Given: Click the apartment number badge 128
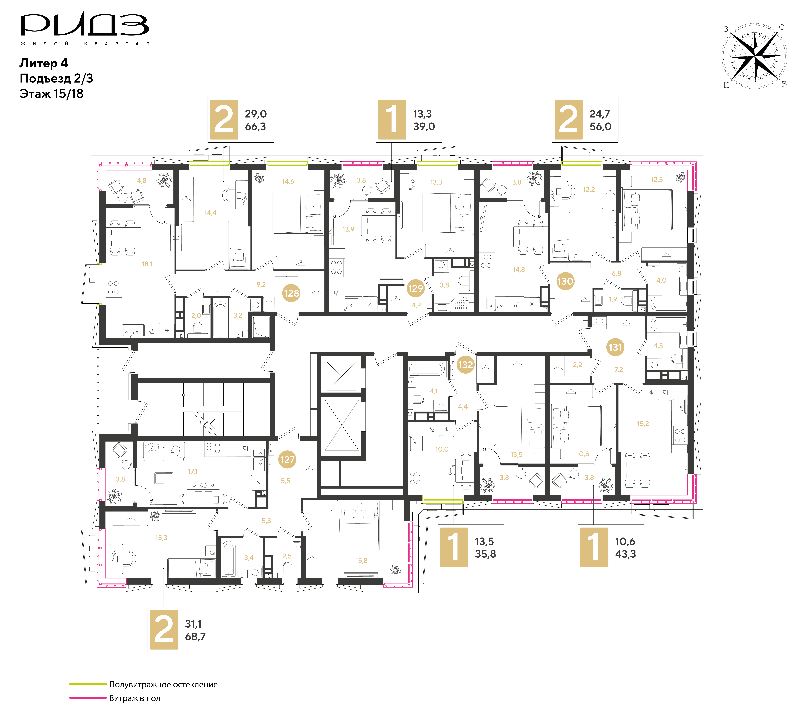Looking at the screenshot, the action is (291, 293).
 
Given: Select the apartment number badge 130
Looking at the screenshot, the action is (565, 281).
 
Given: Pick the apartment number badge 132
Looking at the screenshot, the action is (465, 365).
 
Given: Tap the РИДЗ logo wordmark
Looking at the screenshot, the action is (85, 26).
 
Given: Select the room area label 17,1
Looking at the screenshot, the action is (193, 471).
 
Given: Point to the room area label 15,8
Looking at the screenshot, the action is (361, 560).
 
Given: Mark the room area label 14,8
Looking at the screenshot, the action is (519, 270).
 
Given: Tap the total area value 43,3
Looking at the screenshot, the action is (625, 554).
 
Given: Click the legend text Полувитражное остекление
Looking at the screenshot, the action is (163, 684).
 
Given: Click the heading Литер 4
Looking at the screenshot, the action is (44, 63).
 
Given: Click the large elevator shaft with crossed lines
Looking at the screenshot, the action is (342, 425).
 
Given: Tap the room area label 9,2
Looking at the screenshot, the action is (261, 284).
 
